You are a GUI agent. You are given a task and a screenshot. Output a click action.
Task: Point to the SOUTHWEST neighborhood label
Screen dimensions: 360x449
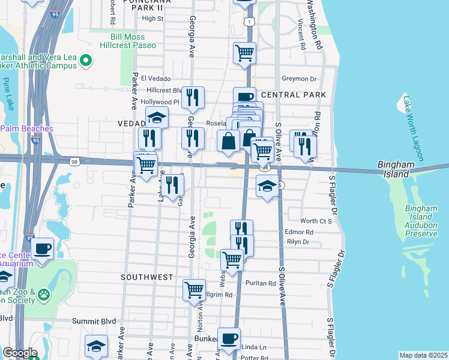[x=146, y=277]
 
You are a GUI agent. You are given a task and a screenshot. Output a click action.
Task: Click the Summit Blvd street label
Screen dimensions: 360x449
[x=93, y=321]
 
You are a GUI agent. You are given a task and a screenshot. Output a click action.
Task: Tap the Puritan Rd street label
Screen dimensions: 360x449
[x=264, y=283]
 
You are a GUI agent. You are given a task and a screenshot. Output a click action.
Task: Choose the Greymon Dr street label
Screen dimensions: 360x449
[x=299, y=79]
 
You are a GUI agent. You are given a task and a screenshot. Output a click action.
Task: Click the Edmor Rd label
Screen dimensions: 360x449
[x=300, y=232]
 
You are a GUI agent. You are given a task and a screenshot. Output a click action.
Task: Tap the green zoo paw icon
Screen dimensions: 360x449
[x=43, y=295]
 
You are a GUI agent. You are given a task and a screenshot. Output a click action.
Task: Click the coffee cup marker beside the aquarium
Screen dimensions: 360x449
[x=42, y=248]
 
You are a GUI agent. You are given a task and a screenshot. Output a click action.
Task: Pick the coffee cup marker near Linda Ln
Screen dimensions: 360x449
[x=228, y=338]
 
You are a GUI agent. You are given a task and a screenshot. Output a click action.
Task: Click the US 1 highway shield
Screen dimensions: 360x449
[x=248, y=22]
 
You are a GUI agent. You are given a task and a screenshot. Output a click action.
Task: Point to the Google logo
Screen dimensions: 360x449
[x=20, y=353]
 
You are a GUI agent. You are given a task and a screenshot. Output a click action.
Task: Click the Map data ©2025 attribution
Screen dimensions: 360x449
[x=423, y=355]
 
